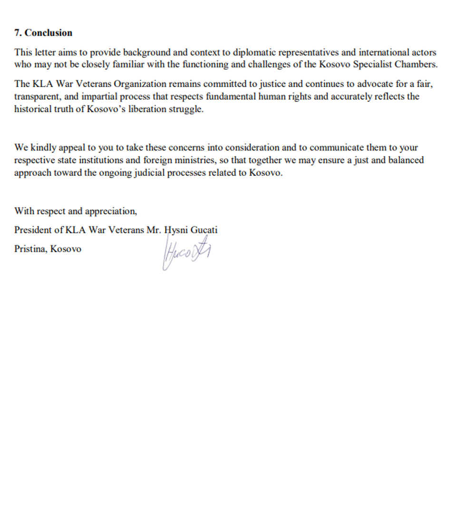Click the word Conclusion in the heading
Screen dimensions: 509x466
pos(49,33)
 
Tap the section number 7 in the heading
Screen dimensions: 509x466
pos(17,33)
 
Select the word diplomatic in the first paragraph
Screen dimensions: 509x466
pos(252,52)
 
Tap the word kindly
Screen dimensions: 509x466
pos(43,147)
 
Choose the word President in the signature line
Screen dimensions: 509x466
pos(33,230)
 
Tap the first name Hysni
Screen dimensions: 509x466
pos(175,230)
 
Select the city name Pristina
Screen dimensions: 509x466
pos(30,249)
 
